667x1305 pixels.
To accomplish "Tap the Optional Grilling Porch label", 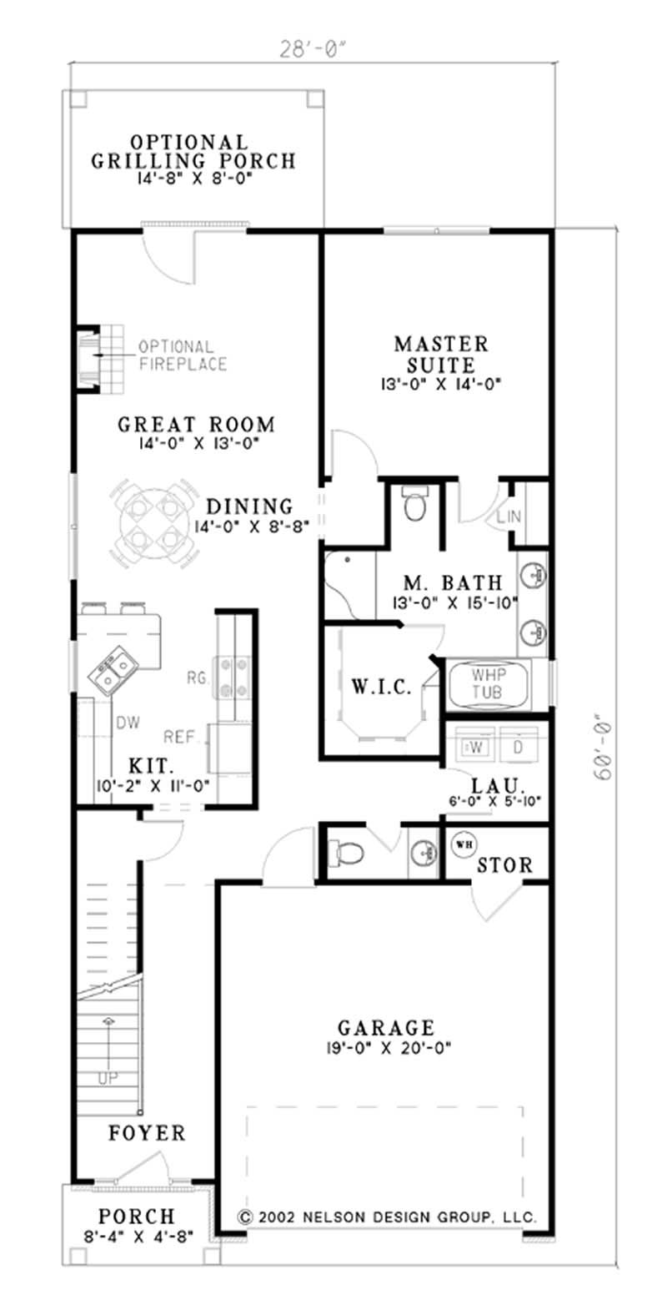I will (193, 152).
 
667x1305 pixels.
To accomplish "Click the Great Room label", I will (196, 425).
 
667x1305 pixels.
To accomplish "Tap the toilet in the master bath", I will (414, 504).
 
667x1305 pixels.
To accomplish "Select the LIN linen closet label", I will (509, 517).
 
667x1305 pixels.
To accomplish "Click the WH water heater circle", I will (464, 844).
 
